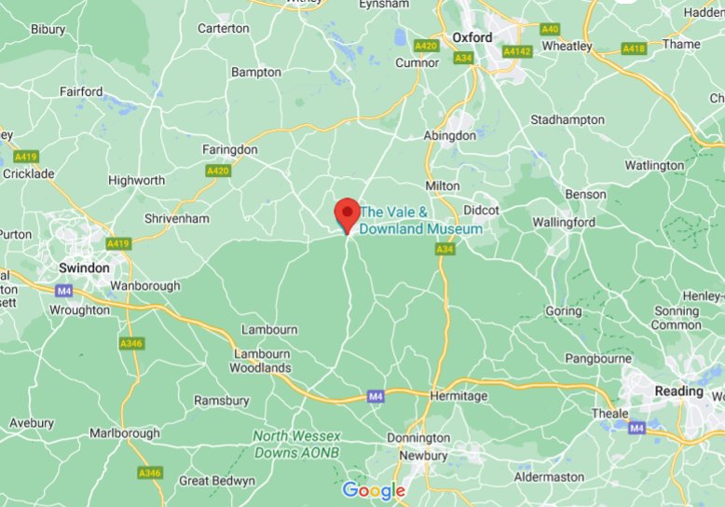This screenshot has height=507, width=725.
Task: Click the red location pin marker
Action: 348,213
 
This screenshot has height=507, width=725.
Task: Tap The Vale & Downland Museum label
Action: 421,220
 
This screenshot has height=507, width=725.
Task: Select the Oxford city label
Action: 472,37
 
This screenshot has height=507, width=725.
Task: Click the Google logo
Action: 374,490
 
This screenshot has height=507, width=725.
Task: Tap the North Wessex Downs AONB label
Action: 296,444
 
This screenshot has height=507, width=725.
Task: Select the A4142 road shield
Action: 519,53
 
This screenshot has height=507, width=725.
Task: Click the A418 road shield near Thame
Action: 634,48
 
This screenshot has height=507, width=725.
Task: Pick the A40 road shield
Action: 550,29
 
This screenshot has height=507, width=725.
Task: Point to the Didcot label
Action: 482,210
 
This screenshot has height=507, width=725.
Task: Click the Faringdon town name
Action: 229,149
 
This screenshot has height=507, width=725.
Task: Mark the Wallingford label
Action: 564,223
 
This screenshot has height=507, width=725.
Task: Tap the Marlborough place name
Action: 124,433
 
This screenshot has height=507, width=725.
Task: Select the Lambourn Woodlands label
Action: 262,361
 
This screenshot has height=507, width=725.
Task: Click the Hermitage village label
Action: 458,396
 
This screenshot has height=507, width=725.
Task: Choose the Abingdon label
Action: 449,135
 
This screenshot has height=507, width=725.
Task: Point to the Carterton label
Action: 224,28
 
